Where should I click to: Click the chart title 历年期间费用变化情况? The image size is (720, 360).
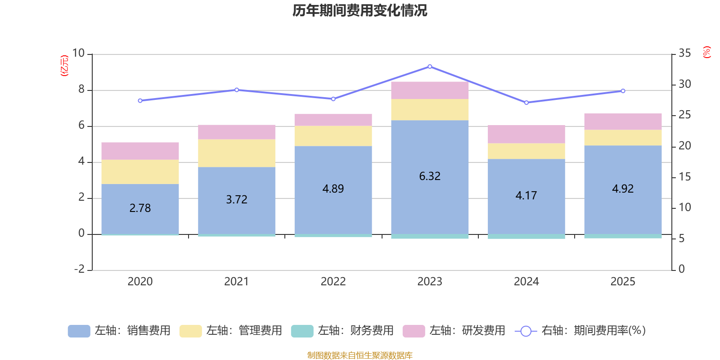coord(360,10)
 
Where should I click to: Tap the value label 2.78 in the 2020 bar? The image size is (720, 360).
coord(140,208)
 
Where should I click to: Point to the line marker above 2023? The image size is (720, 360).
coord(430,67)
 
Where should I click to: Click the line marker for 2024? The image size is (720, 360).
coord(526,103)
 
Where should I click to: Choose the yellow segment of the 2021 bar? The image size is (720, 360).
coord(237,153)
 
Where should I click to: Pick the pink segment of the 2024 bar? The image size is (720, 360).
coord(526,134)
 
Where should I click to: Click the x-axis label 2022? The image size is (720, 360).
coord(333,282)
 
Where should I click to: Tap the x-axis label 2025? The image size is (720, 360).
coord(623,282)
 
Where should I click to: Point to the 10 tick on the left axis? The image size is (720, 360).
coord(78,54)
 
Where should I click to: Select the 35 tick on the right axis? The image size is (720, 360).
coord(684,54)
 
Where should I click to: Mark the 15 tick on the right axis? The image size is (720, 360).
coord(684,177)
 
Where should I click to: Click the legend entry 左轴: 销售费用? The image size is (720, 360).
coord(119,331)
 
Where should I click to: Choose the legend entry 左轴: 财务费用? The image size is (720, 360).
coord(342,331)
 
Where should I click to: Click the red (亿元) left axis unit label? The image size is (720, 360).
coord(65,66)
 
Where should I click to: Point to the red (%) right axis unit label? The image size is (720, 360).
coord(706,52)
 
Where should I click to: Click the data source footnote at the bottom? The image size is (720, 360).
coord(360,355)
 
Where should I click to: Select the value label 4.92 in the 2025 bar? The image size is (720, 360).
coord(623,189)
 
